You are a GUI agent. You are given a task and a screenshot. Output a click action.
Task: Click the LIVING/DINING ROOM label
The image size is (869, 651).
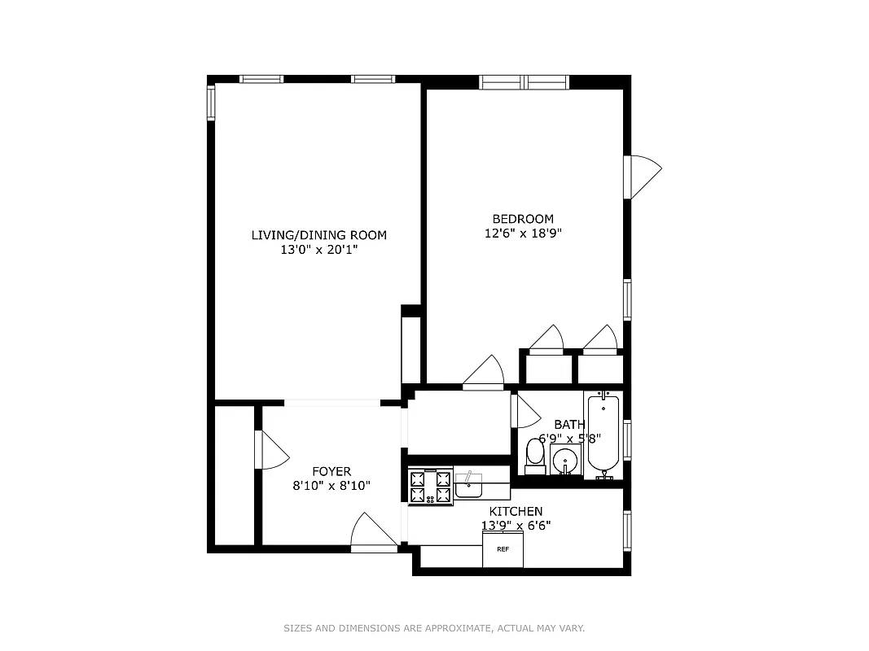[318, 235]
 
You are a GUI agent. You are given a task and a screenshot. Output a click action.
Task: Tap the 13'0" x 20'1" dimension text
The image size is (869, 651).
[318, 250]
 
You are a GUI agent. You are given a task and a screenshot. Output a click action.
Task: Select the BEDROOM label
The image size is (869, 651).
[523, 218]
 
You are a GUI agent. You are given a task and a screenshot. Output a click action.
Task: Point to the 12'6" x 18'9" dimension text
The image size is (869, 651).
[523, 233]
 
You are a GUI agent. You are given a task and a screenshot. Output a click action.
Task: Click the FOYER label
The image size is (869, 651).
[331, 471]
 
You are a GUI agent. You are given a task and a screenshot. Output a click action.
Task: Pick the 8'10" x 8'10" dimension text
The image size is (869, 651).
[331, 486]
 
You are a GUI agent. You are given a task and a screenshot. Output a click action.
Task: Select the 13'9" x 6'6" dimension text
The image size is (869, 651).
[516, 526]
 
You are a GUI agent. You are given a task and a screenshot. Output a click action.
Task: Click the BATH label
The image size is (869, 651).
[568, 424]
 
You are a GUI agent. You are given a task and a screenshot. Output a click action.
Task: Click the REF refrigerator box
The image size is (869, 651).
[503, 549]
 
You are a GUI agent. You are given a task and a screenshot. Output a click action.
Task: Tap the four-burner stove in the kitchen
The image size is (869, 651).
[430, 487]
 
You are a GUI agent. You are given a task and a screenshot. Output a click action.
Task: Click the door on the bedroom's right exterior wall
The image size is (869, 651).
[643, 176]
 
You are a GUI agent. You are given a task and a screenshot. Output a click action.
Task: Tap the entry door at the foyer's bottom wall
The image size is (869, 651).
[374, 534]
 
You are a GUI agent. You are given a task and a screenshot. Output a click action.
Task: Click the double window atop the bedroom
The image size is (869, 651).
[524, 81]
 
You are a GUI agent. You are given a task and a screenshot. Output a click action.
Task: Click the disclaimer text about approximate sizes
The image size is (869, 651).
[434, 628]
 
